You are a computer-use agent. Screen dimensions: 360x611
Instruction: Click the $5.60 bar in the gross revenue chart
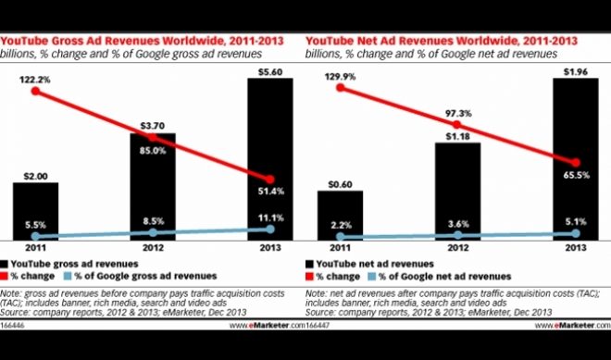pos(270,157)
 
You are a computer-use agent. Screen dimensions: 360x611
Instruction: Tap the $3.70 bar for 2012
pos(153,185)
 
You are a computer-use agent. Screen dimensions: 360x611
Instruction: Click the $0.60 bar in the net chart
pos(341,214)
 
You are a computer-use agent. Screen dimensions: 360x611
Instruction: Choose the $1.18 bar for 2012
pos(457,190)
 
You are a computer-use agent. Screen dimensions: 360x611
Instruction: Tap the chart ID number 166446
pos(14,326)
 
